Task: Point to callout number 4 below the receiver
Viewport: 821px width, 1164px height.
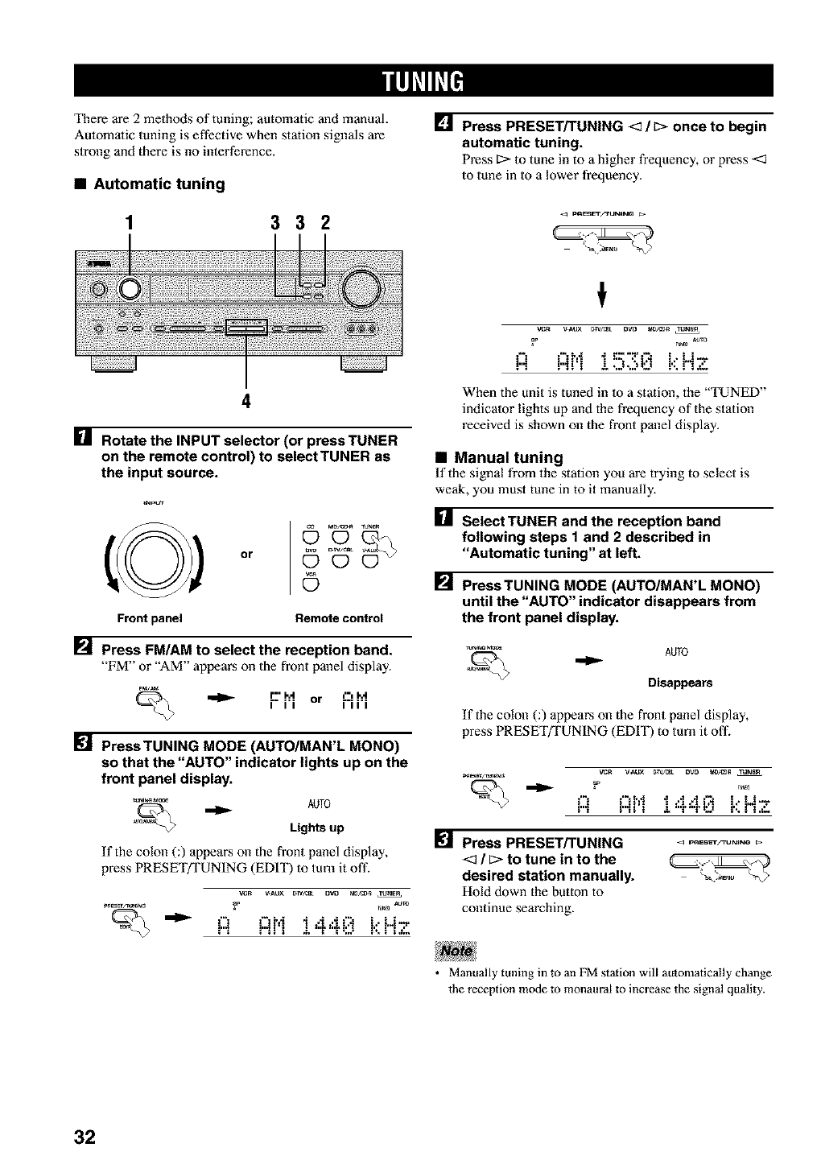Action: coord(246,403)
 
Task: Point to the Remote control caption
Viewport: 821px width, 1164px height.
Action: coord(339,618)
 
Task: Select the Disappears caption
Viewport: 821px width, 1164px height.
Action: coord(680,683)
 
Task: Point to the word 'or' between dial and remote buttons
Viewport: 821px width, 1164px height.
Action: coord(246,554)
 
